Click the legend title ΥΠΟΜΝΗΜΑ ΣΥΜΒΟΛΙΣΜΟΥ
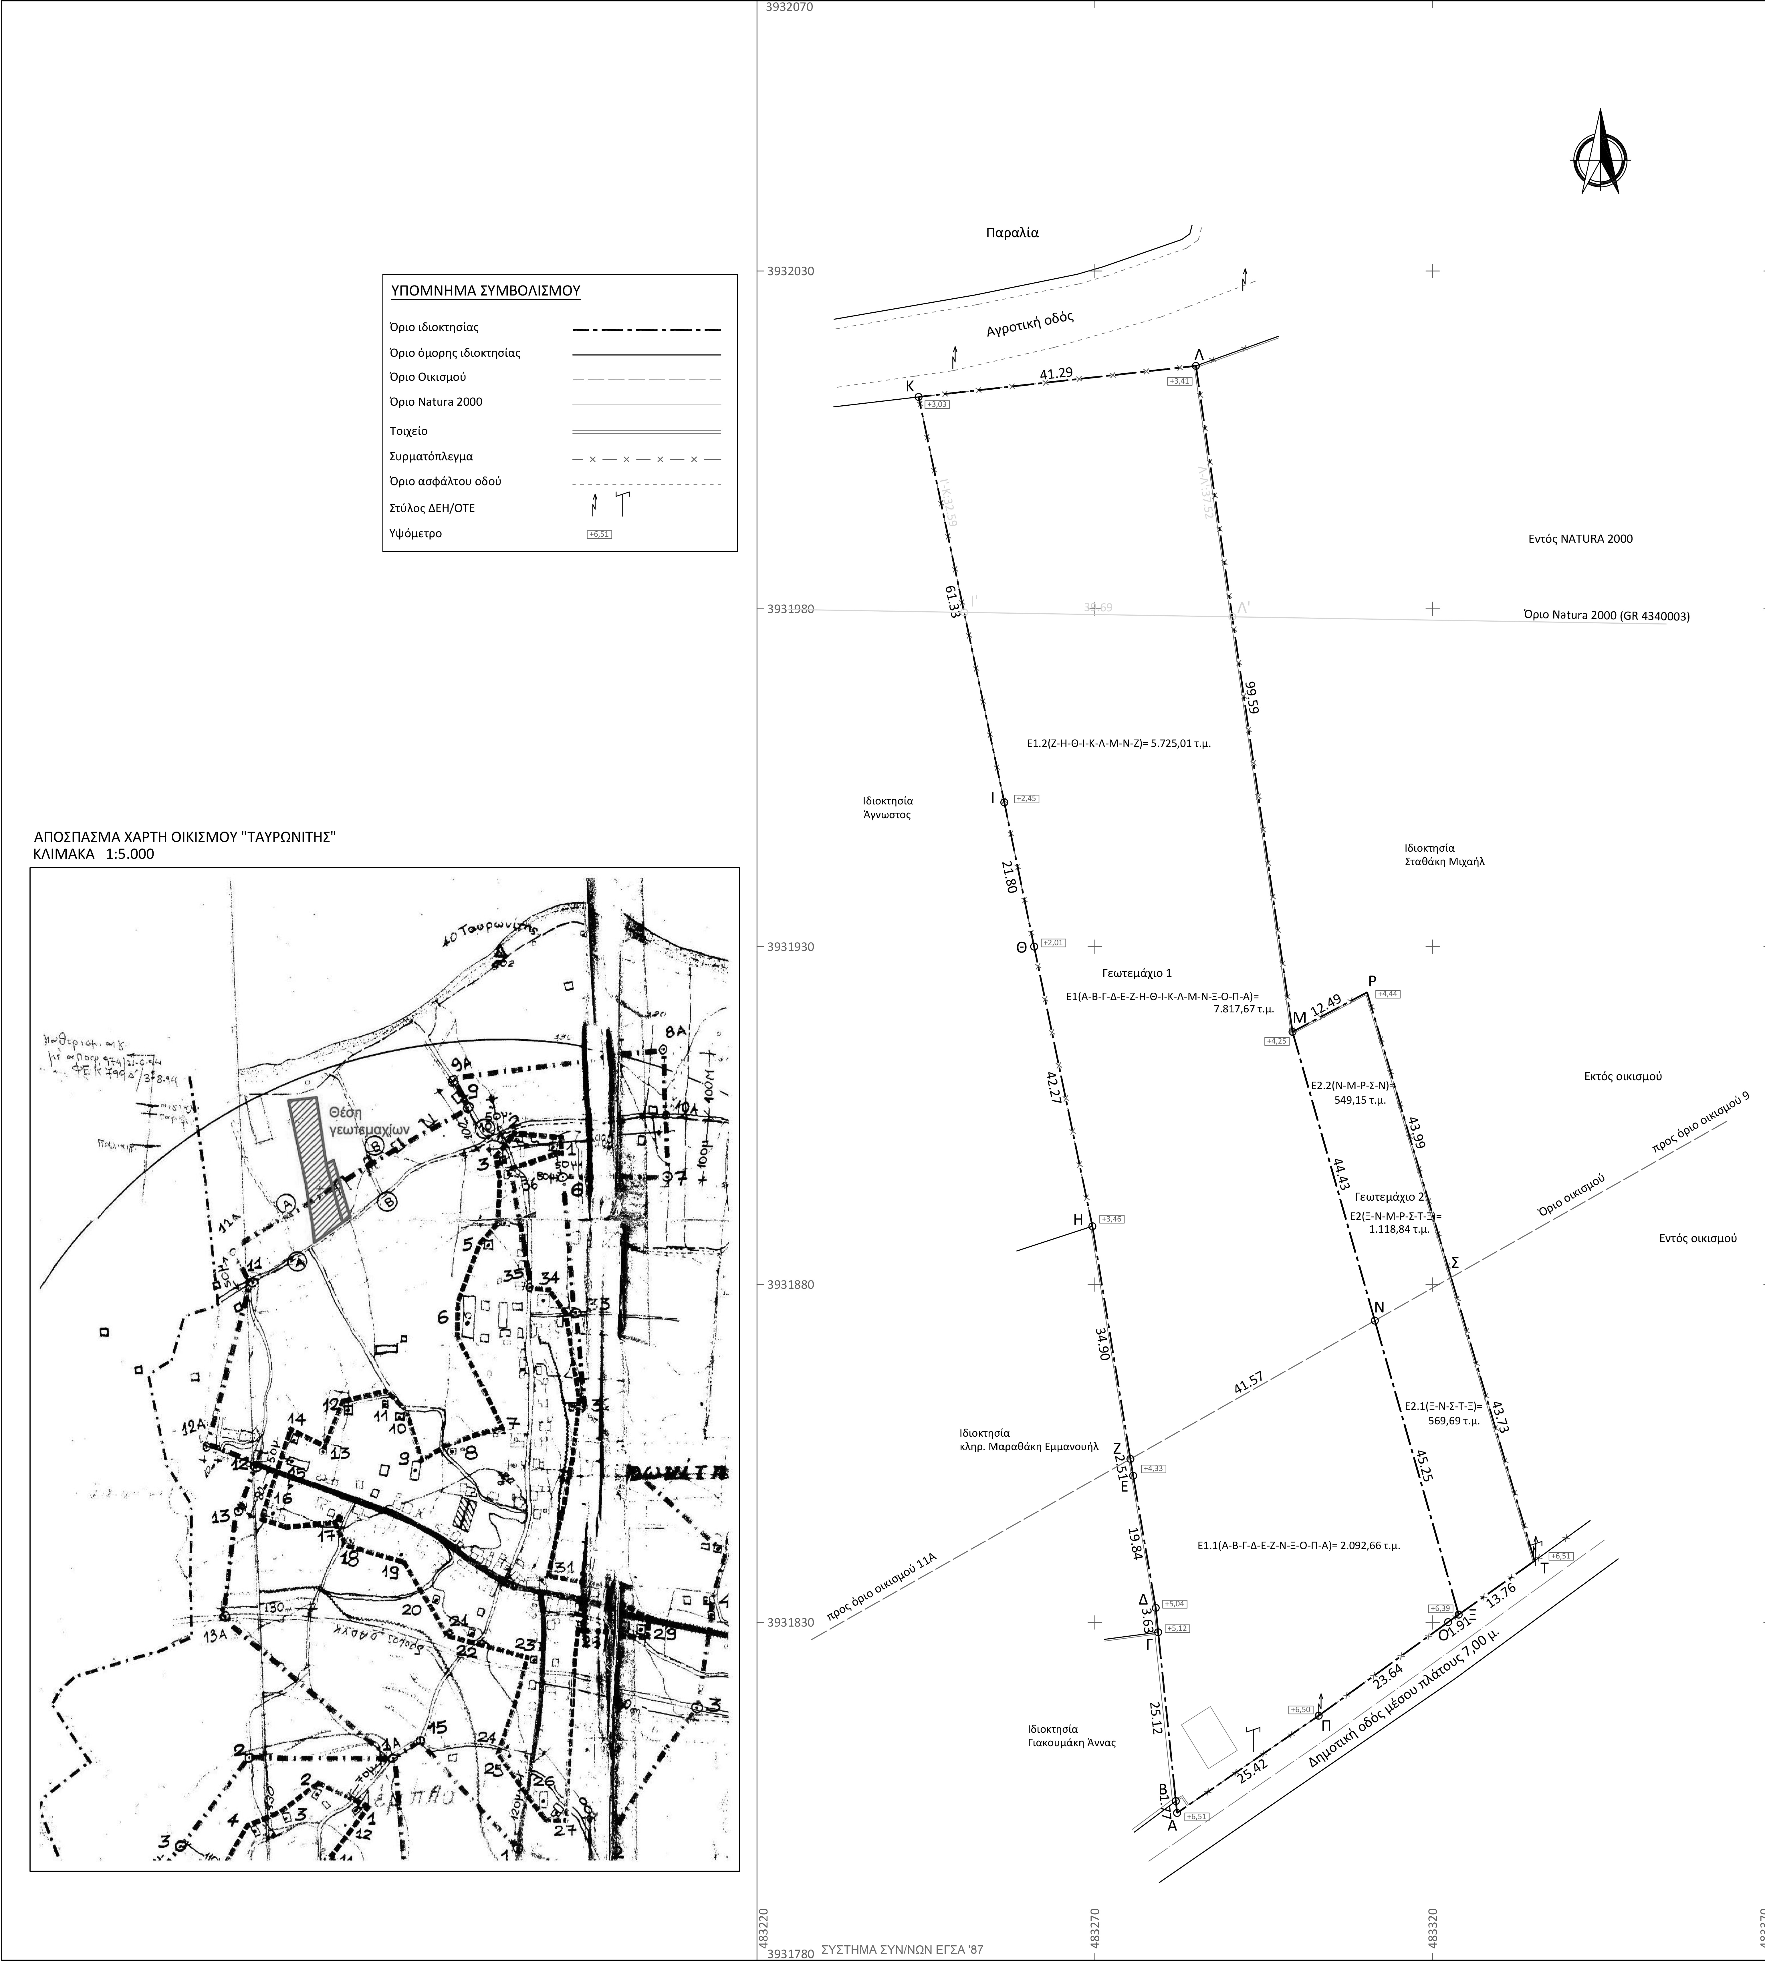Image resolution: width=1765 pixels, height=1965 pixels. [x=485, y=291]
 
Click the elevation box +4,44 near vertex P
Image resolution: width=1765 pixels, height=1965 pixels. [x=1388, y=994]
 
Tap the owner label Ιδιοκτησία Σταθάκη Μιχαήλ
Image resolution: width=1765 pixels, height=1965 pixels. [x=1444, y=854]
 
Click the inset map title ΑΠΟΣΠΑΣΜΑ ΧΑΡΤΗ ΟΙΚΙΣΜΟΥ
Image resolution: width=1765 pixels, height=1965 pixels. [x=184, y=836]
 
